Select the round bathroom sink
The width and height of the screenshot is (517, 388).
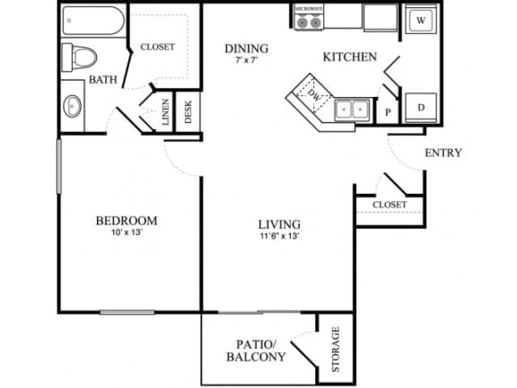[x=74, y=106]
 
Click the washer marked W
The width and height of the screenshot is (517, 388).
[x=421, y=21]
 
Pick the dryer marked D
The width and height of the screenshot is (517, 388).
[x=421, y=106]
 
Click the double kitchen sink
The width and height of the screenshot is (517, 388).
[x=353, y=110]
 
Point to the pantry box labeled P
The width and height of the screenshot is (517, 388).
[x=389, y=112]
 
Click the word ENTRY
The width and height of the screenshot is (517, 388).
[x=443, y=153]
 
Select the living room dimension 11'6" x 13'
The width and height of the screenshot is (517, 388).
[x=278, y=237]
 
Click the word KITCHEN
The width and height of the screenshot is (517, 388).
[x=349, y=57]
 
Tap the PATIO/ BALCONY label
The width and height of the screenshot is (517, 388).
[x=261, y=350]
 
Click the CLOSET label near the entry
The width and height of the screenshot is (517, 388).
[x=390, y=205]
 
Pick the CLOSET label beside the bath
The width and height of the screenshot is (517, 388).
[x=158, y=47]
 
